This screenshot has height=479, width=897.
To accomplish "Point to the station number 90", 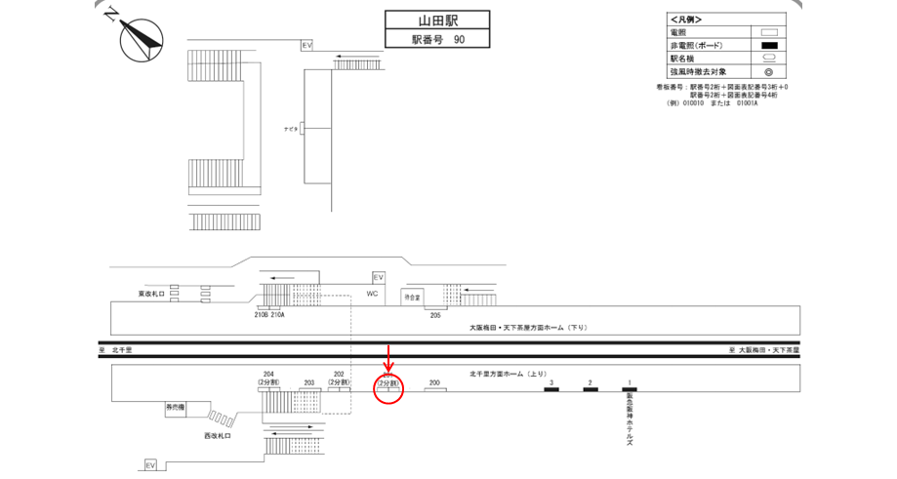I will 459,40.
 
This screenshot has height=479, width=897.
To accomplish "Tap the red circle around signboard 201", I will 388,385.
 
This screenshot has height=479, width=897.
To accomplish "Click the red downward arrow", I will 389,355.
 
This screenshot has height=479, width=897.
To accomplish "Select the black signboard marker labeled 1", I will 630,390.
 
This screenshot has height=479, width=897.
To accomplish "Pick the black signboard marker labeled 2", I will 591,390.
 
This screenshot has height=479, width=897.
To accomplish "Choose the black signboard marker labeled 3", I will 551,390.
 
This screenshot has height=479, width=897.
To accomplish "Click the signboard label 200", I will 434,383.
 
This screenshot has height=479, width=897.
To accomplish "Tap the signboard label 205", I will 434,316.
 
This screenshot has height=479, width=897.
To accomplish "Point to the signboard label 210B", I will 261,315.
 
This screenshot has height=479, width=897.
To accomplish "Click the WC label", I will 372,294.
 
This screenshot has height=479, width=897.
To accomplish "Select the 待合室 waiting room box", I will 413,296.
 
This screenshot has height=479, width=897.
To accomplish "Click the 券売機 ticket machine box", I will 175,407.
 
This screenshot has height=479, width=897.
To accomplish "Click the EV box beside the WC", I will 379,277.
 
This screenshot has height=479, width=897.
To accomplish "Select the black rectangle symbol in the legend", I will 768,45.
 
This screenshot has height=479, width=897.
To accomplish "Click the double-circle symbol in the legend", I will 768,71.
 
